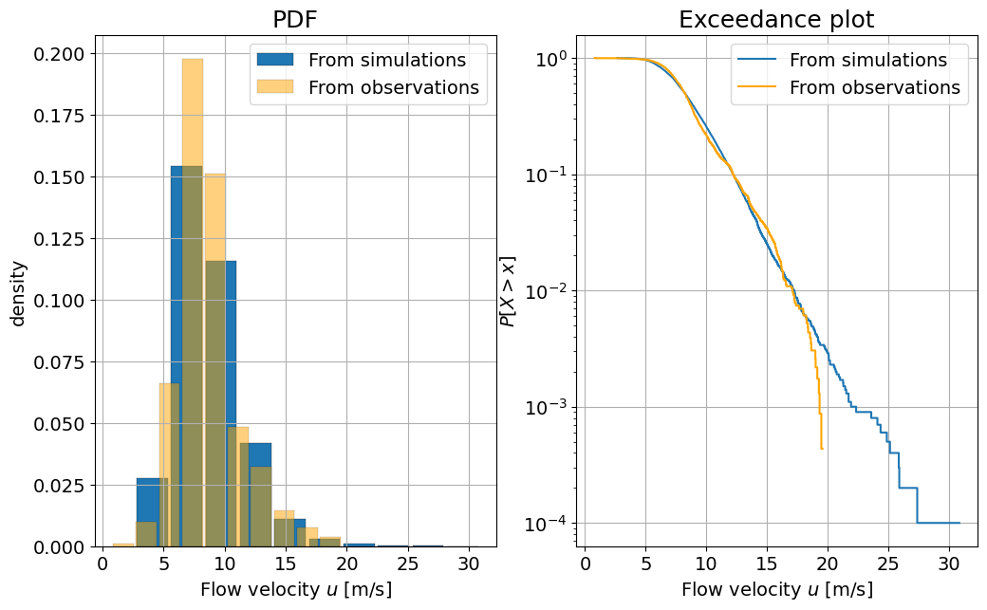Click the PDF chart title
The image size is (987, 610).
(x=295, y=20)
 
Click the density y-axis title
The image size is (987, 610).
(x=18, y=292)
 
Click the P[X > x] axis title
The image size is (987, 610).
(x=509, y=291)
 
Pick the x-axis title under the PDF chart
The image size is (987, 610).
(x=295, y=589)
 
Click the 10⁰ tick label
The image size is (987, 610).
(x=548, y=59)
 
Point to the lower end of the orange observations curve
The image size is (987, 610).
(x=821, y=448)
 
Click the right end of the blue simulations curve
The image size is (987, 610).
(x=959, y=523)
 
